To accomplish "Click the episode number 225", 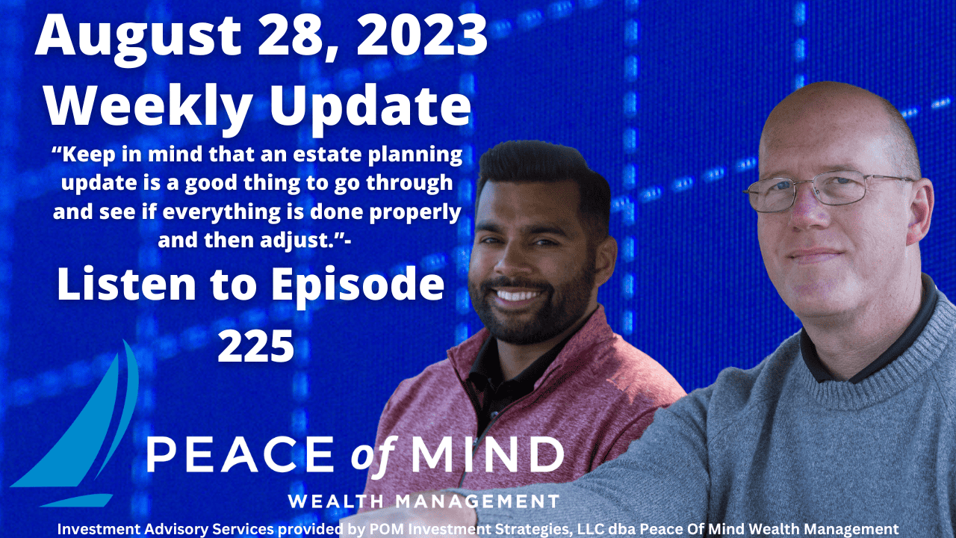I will click(x=255, y=344).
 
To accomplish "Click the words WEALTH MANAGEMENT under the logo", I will click(x=423, y=501).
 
